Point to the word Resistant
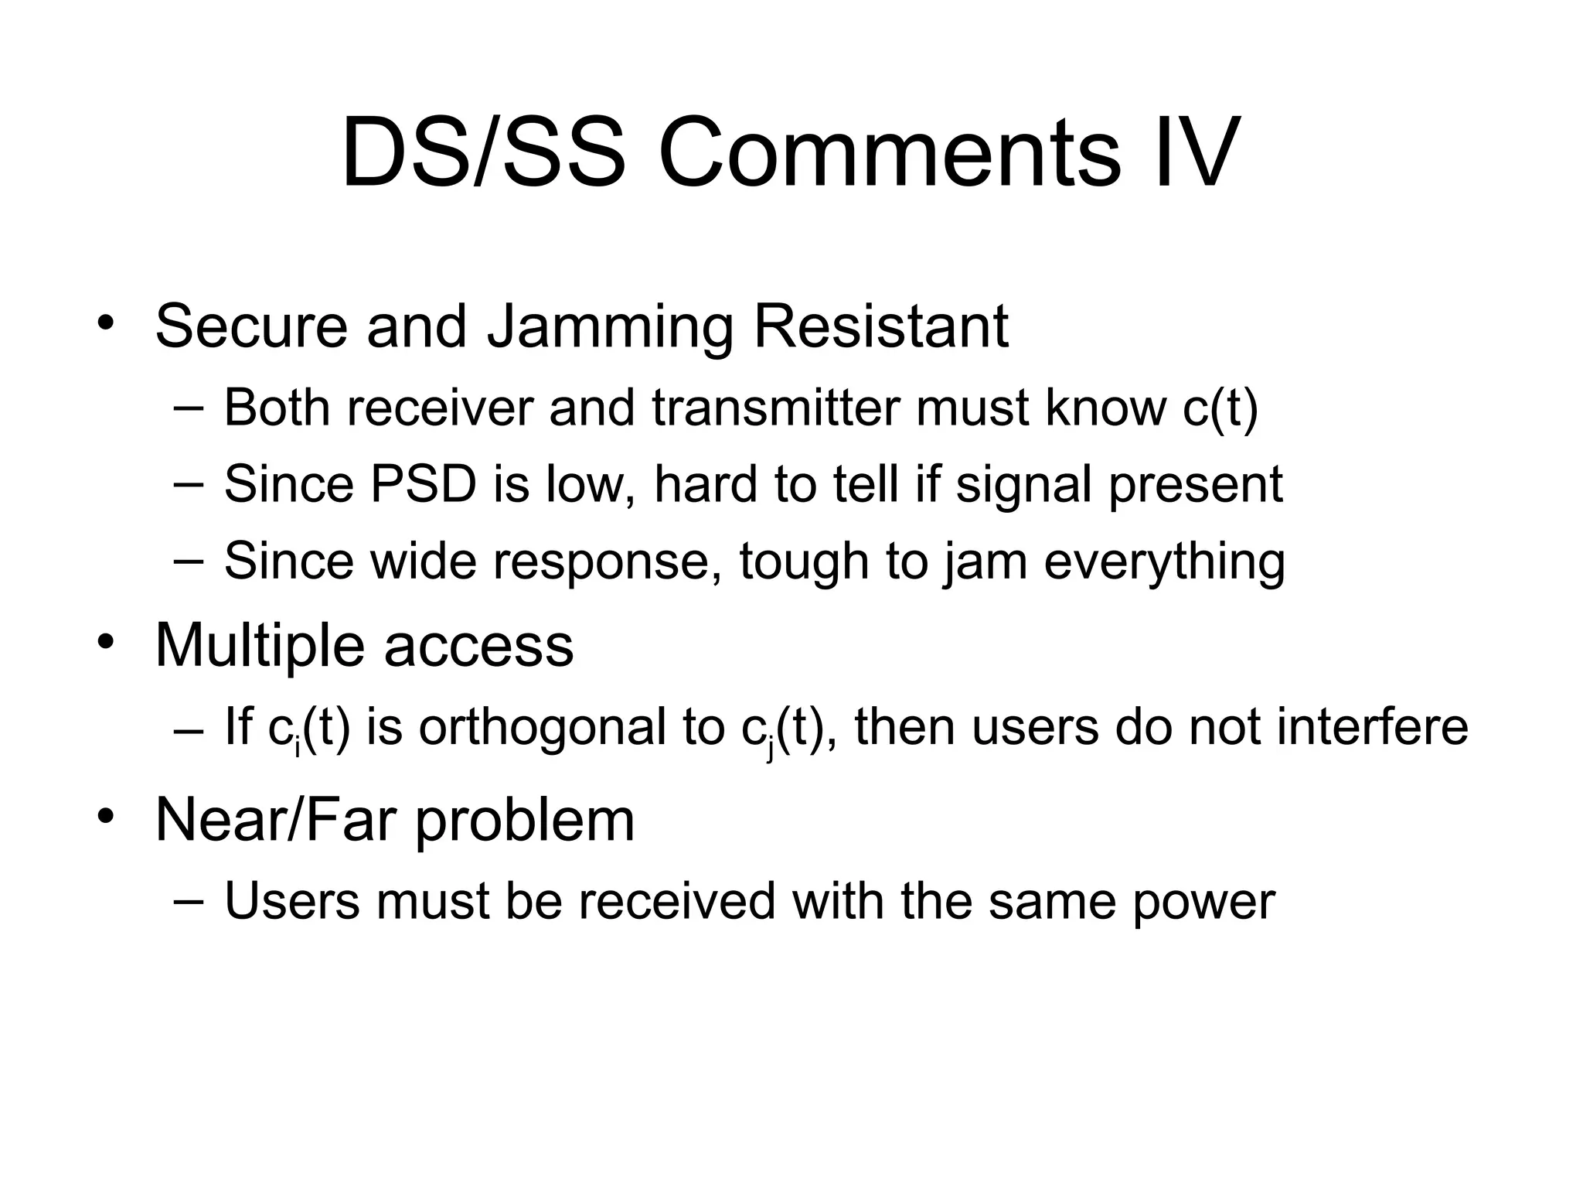pyautogui.click(x=881, y=326)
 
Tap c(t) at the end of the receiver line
pyautogui.click(x=1220, y=408)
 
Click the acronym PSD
pyautogui.click(x=424, y=485)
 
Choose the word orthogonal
pyautogui.click(x=543, y=729)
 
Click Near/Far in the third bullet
pyautogui.click(x=276, y=819)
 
